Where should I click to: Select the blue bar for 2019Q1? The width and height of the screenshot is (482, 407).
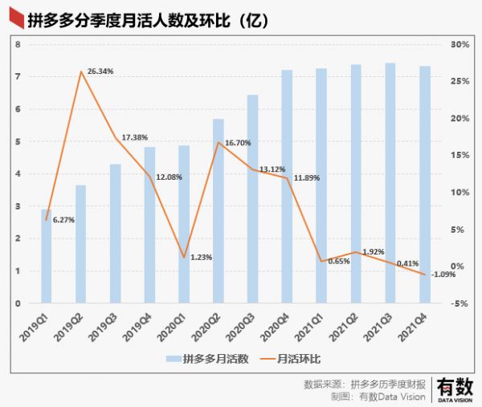coord(47,256)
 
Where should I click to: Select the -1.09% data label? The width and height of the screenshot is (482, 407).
coord(443,274)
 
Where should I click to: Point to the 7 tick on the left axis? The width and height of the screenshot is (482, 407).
coord(18,76)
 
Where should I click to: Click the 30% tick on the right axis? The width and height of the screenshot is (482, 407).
coord(459,44)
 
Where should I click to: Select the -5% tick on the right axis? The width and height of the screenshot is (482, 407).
coord(457,303)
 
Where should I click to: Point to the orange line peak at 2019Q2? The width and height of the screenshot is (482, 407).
coord(81,72)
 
